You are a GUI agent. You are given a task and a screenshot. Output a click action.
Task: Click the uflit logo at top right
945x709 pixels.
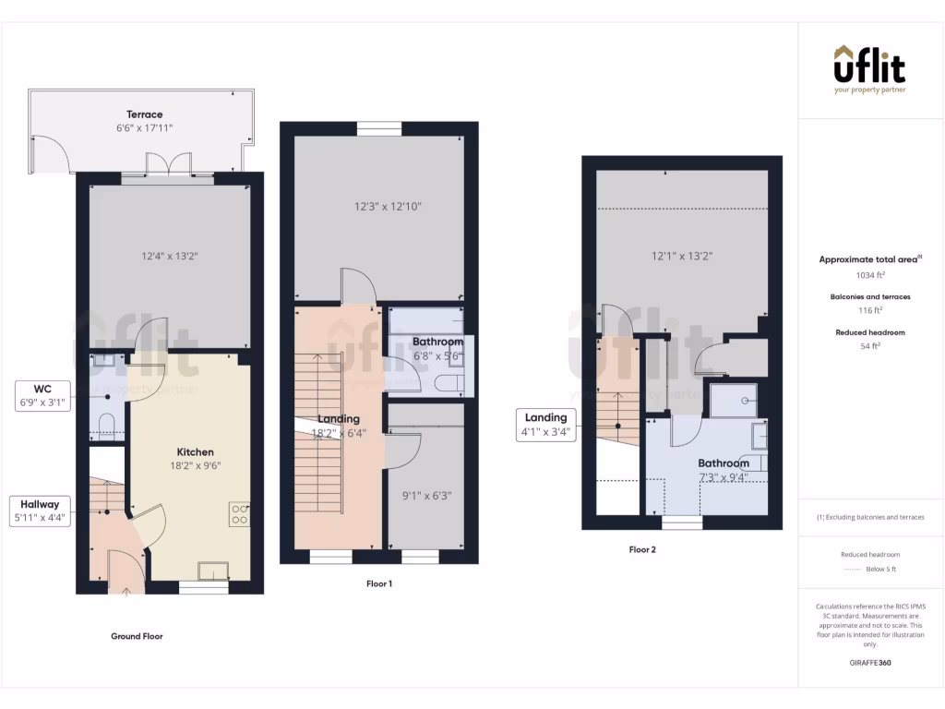point(869,69)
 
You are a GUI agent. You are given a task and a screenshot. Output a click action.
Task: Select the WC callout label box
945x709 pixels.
point(43,395)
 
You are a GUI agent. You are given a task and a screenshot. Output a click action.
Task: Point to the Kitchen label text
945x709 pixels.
point(196,452)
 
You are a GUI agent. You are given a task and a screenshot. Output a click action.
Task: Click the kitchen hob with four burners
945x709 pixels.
point(239,513)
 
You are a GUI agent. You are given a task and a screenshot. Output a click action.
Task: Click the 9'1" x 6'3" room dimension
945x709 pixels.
point(425,494)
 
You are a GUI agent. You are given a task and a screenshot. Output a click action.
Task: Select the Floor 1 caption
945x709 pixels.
point(379,583)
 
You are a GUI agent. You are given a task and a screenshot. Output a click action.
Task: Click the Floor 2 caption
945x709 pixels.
point(642,549)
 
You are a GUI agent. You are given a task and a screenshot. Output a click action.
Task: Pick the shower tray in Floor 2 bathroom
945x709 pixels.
point(734,400)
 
